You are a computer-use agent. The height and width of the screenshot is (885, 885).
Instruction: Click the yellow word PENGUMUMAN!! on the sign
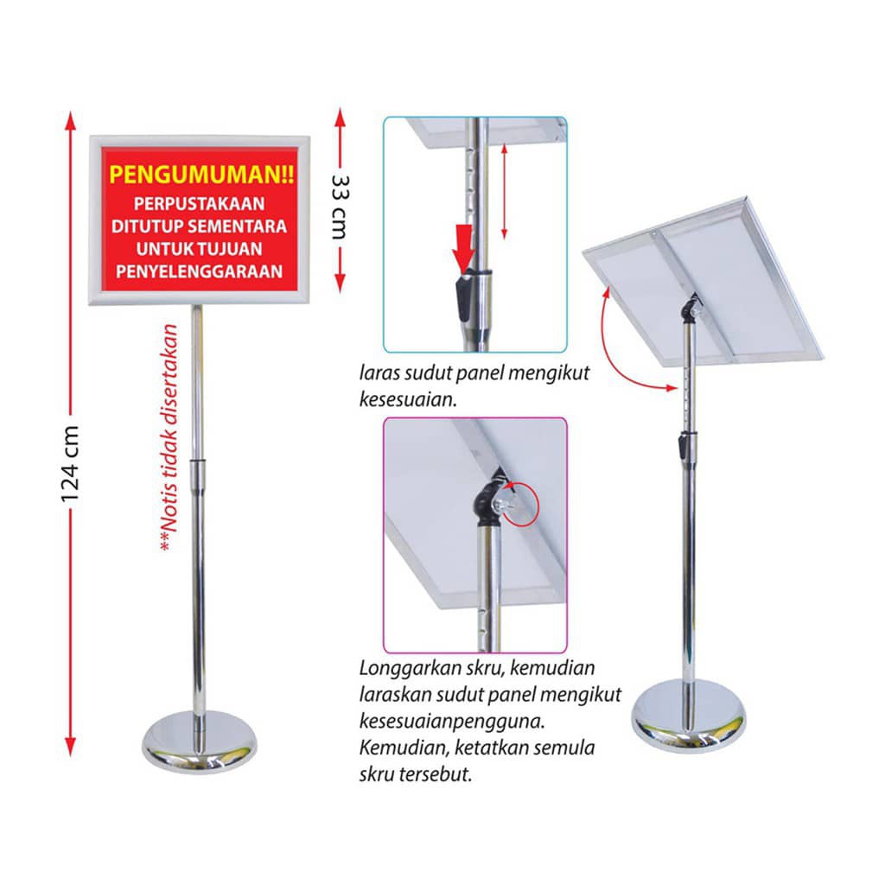[x=201, y=175]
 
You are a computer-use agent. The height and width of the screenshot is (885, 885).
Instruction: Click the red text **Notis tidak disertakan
[x=170, y=441]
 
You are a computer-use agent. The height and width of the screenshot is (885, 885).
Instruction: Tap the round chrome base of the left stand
[x=198, y=742]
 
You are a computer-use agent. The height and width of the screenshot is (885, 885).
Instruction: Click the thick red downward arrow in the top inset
[x=465, y=246]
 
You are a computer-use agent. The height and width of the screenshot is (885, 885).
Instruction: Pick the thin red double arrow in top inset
[x=504, y=192]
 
